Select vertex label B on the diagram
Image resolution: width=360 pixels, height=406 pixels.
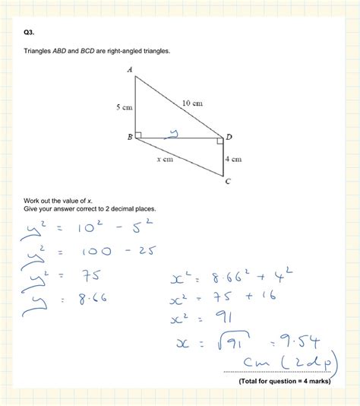pyautogui.click(x=130, y=137)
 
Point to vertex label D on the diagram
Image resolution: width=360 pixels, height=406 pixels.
pyautogui.click(x=229, y=137)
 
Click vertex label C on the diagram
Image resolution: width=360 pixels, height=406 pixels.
pyautogui.click(x=227, y=182)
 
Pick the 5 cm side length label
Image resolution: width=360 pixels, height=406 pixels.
pyautogui.click(x=124, y=108)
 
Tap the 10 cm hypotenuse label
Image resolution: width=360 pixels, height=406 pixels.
pyautogui.click(x=192, y=103)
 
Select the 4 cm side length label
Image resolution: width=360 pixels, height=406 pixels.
pyautogui.click(x=233, y=159)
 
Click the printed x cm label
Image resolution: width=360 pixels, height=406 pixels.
pyautogui.click(x=165, y=160)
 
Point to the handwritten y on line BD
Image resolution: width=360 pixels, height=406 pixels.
pyautogui.click(x=174, y=134)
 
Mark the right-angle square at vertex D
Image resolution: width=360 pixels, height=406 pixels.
pyautogui.click(x=220, y=140)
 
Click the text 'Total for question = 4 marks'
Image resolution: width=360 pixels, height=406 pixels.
pyautogui.click(x=284, y=380)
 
